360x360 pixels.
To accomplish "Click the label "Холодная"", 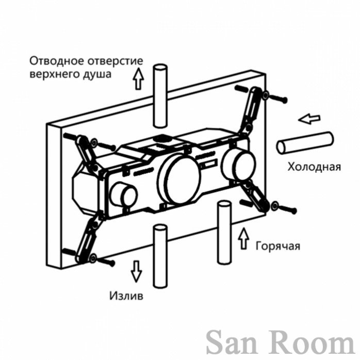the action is pos(314,167).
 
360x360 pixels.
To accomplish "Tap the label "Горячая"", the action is pos(278,246).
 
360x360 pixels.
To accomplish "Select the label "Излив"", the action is pos(126,296).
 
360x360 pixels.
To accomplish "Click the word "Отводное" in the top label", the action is pos(56,61).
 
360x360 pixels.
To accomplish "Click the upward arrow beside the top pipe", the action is pos(138,78).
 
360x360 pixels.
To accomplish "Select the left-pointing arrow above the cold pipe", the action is pos(309,119).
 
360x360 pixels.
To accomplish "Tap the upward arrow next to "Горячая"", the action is pos(243,238).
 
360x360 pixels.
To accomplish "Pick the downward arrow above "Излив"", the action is pos(136,271).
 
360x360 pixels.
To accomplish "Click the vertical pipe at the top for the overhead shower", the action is pos(160,96).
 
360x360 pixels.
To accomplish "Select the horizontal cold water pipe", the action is pos(305,142).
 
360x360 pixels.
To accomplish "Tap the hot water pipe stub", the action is pos(224,232).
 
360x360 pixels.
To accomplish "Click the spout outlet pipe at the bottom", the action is pos(160,256).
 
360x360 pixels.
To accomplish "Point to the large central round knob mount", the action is pos(180,178).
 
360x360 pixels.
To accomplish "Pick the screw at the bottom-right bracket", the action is pos(284,207).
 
